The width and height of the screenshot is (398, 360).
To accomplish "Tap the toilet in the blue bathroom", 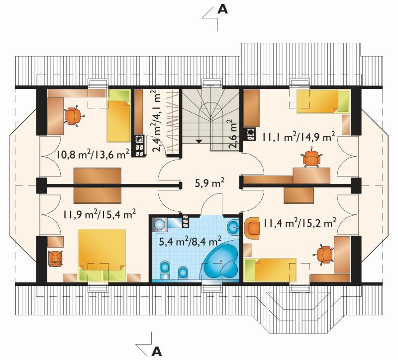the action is pos(165,270).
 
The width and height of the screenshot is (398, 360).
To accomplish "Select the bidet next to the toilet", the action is pos(183,272).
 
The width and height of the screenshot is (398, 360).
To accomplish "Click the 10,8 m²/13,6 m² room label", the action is pos(93,154).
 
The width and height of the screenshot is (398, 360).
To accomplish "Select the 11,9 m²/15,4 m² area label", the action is pos(99,214).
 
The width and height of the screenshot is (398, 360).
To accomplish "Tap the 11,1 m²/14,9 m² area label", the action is pos(298,137).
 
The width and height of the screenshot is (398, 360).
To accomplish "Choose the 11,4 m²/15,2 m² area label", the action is pos(300,223).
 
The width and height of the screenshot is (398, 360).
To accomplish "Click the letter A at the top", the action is pos(222,9).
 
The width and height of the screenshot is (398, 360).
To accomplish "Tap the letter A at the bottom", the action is pos(157,352).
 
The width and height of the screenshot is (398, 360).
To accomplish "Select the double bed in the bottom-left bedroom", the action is pos(102,255).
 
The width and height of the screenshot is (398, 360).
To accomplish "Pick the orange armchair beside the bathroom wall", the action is pos(252,228).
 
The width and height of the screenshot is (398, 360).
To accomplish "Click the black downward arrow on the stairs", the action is pos(199,141).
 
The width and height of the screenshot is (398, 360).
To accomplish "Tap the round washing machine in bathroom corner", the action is pos(160,225).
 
